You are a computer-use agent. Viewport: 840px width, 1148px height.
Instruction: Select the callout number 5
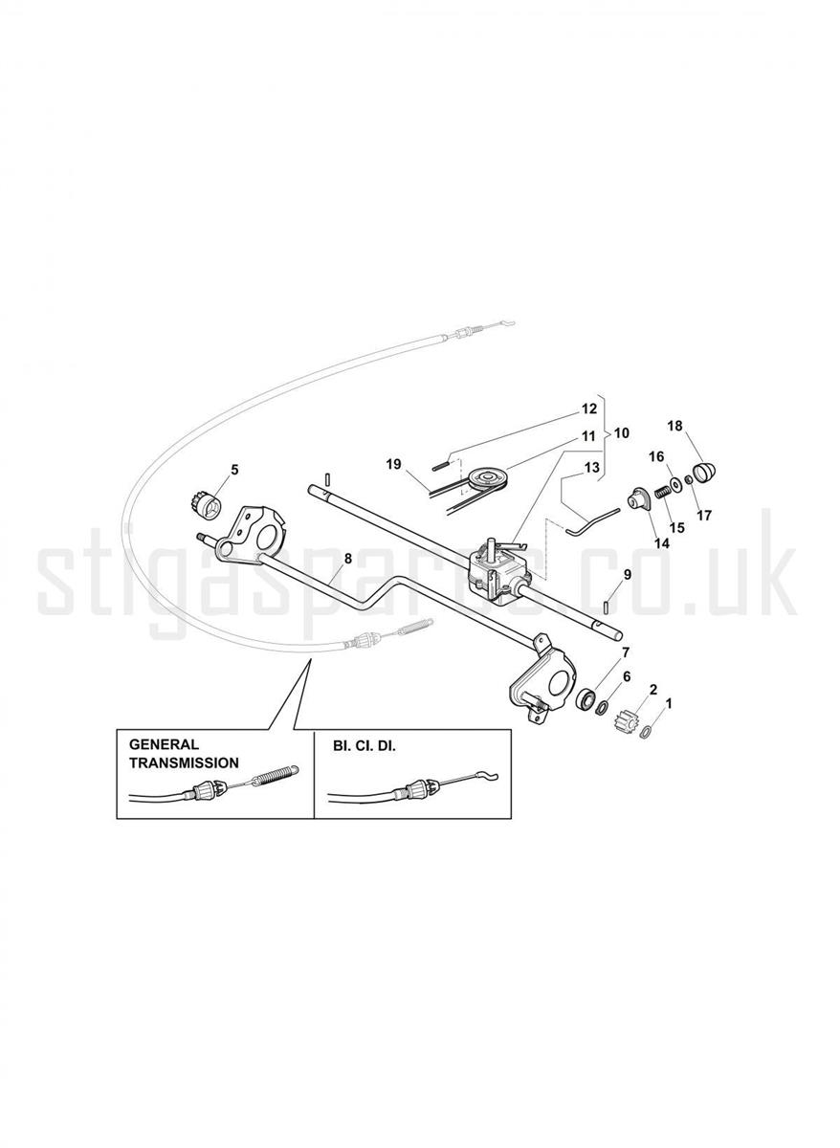coord(234,469)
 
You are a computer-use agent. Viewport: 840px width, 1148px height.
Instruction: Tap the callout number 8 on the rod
coord(348,559)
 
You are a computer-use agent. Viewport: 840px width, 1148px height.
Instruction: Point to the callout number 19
coord(393,464)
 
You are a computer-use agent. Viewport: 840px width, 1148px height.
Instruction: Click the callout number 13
coord(591,468)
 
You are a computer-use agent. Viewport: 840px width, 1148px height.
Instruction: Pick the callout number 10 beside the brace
coord(621,433)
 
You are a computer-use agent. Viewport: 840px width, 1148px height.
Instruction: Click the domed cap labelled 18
coord(704,470)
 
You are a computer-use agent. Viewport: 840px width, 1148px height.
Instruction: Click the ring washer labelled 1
coord(647,733)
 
